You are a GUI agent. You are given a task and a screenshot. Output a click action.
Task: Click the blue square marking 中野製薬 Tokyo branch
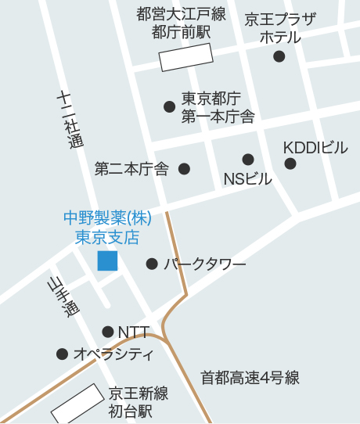coord(107,261)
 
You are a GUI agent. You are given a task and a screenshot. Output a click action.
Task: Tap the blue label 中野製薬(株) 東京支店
coord(107,226)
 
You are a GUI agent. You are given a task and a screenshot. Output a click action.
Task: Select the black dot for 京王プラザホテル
coord(279,56)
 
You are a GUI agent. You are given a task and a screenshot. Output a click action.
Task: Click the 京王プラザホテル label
coord(280,28)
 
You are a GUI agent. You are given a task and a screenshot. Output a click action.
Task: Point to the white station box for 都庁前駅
coord(186,57)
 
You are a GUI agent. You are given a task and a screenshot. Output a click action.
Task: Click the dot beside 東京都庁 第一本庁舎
coord(169,106)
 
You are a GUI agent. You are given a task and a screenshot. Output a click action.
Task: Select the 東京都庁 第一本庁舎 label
coord(218,108)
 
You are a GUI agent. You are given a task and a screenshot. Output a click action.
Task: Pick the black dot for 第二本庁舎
coord(185,168)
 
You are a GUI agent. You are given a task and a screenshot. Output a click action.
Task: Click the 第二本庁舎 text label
coord(131,168)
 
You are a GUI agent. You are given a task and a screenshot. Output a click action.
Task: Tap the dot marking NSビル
coord(248,160)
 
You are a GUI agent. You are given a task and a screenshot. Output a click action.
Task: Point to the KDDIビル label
coord(315,148)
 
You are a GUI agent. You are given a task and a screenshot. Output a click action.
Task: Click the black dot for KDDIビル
coord(290,163)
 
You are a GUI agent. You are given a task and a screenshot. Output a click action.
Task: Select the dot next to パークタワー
coord(152,264)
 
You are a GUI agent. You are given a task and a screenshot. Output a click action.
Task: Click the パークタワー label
coord(205,264)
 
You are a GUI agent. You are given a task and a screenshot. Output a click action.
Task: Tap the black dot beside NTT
coord(108,332)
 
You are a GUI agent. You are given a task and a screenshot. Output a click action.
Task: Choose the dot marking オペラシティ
coord(62,354)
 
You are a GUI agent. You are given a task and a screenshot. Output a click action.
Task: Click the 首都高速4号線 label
coord(250,378)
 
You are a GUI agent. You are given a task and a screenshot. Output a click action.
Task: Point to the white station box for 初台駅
coord(77,403)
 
